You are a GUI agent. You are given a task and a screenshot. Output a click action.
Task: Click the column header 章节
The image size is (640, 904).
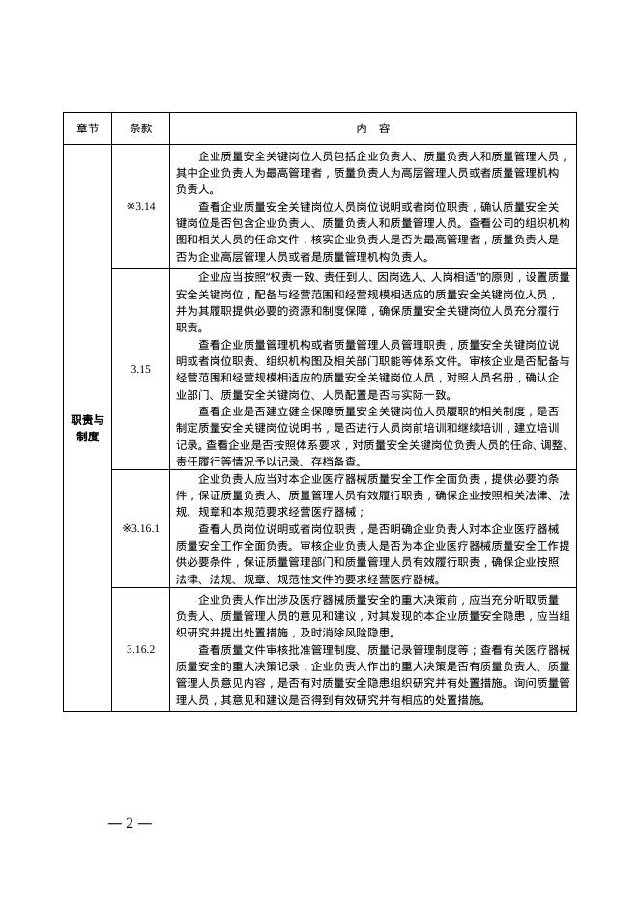(87, 128)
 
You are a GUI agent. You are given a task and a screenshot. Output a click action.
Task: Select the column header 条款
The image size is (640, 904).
(140, 128)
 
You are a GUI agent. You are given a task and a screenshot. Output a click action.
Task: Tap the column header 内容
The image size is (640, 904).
(372, 128)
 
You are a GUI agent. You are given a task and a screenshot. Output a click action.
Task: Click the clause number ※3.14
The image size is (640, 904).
(140, 206)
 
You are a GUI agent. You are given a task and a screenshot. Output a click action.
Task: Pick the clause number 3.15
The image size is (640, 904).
(140, 369)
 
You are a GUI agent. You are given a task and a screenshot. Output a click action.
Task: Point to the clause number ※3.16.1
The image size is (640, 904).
(140, 528)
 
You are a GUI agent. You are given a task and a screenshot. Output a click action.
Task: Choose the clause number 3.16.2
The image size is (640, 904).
(140, 649)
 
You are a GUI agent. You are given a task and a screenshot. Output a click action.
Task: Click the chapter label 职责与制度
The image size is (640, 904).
(87, 428)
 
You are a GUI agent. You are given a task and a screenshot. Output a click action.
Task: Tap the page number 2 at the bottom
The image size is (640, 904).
(130, 823)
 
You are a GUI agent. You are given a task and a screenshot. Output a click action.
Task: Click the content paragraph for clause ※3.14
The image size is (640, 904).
(372, 206)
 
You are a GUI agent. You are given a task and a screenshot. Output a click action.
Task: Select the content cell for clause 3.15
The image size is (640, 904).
(372, 369)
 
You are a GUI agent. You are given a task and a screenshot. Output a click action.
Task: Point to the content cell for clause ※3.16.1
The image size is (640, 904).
(372, 528)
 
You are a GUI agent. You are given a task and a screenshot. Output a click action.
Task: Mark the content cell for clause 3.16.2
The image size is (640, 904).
(372, 649)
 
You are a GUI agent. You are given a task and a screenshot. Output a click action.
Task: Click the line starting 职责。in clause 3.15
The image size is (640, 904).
(189, 327)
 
